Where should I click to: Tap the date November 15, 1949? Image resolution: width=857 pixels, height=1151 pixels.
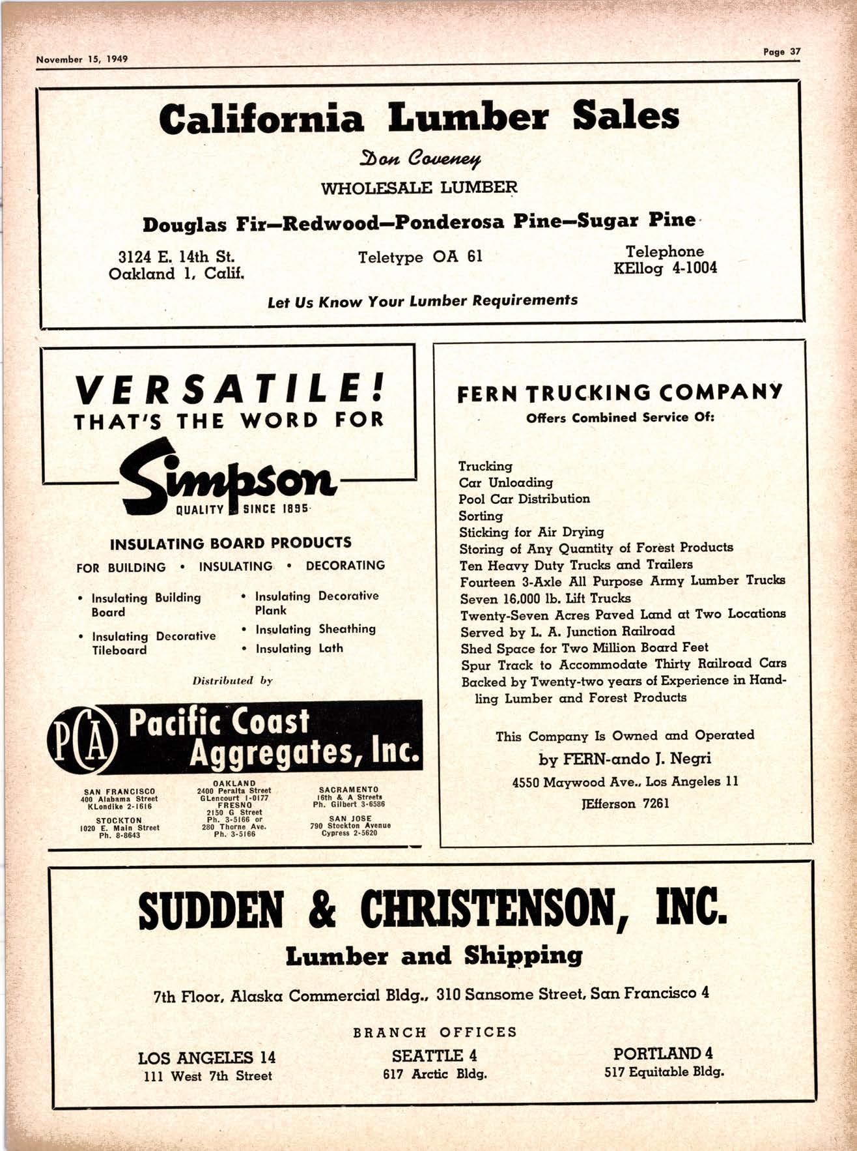point(82,59)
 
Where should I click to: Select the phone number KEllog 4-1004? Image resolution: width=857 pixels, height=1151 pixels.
point(665,268)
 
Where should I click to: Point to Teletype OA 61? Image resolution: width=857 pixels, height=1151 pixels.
point(420,257)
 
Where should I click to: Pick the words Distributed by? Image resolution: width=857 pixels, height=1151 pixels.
point(232,680)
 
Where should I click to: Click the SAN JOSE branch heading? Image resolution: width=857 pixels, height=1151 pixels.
point(350,819)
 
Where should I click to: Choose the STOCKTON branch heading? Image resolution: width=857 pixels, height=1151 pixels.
point(119,821)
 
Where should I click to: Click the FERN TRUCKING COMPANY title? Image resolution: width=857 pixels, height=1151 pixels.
point(620,394)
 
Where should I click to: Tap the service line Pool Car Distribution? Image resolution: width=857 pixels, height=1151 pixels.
point(524,499)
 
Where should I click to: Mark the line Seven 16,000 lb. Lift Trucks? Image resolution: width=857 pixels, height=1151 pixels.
point(545,598)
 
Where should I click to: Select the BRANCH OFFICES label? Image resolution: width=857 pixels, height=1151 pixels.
point(435,1032)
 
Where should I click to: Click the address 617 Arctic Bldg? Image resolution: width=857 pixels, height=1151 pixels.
point(434,1073)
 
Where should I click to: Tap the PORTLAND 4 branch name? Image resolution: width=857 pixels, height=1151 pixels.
point(663,1053)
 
